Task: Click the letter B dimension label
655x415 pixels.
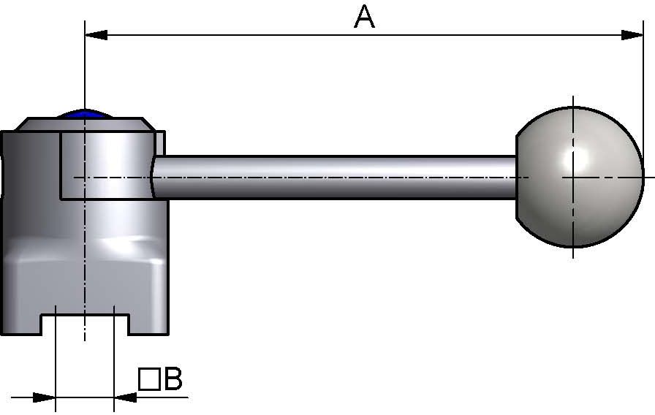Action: pos(173,379)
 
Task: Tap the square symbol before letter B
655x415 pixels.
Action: pos(149,380)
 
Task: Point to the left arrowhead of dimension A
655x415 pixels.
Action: pos(96,34)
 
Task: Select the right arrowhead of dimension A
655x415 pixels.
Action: pos(632,34)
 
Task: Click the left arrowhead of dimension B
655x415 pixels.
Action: pos(45,397)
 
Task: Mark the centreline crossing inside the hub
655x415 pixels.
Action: pos(86,177)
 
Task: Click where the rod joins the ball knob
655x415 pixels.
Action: pos(518,177)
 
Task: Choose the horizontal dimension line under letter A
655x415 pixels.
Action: pos(364,34)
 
